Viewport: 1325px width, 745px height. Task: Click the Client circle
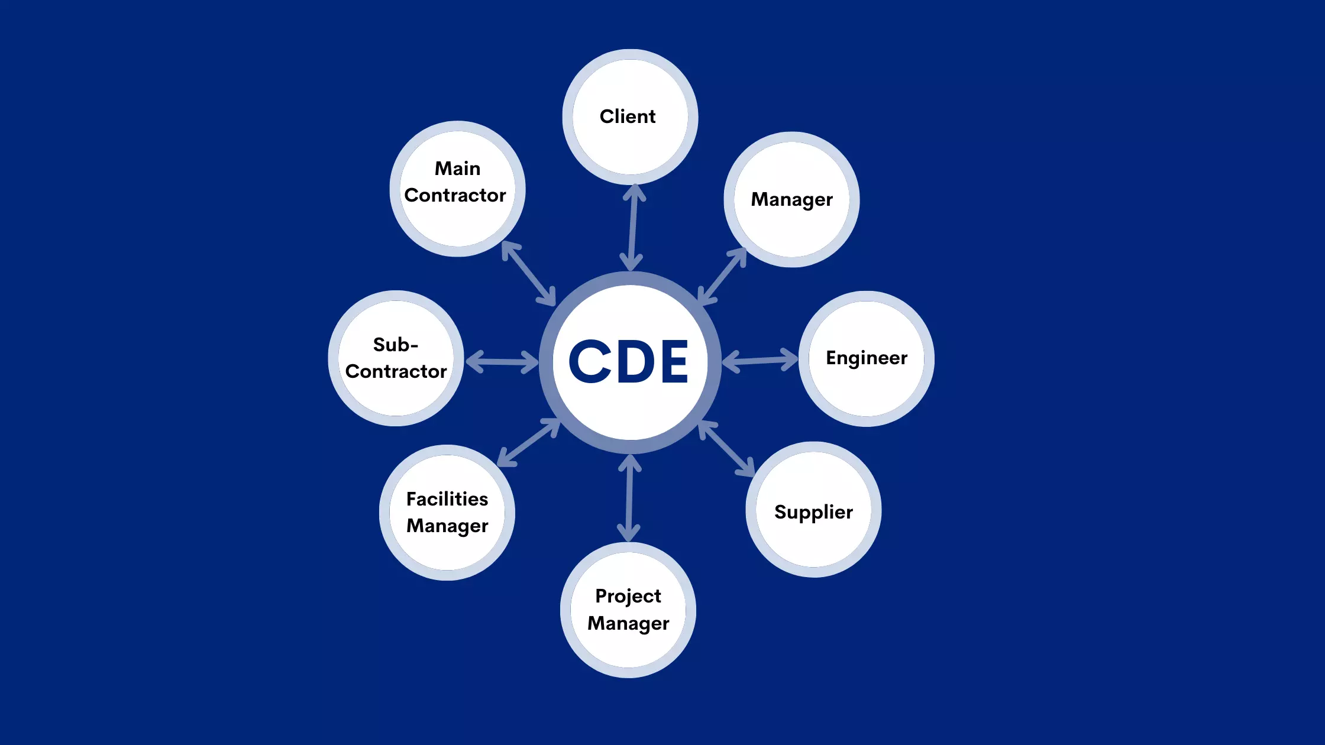[630, 116]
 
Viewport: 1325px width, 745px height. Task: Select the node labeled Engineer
[867, 358]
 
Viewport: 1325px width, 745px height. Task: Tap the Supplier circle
[813, 511]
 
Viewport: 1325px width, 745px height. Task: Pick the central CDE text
[629, 361]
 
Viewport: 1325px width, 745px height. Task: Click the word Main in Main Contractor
[457, 169]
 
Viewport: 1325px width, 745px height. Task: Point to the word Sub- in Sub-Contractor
[395, 345]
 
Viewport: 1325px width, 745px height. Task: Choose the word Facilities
[447, 499]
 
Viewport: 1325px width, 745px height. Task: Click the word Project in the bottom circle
[628, 596]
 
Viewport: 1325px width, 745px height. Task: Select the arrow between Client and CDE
[632, 228]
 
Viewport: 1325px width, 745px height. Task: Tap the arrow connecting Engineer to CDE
[760, 360]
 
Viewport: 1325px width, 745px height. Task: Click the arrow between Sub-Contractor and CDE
[502, 362]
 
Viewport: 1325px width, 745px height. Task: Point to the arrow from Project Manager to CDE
[629, 498]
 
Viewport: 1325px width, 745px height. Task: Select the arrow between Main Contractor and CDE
[529, 273]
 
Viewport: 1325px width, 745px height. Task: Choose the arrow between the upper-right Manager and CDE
[722, 276]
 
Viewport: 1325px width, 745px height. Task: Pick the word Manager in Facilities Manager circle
[447, 526]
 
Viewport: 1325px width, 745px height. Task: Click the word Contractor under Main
[455, 196]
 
